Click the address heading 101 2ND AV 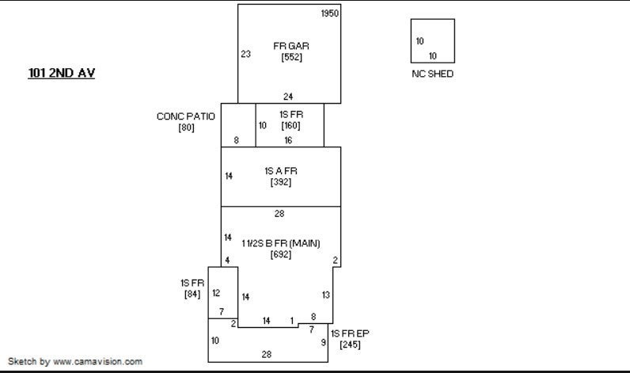[x=62, y=73]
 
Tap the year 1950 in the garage [x=330, y=13]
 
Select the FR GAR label [x=291, y=46]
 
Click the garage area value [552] [x=292, y=57]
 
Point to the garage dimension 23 [x=245, y=54]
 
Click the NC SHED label [x=433, y=74]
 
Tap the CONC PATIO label [x=186, y=116]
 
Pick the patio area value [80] [x=187, y=128]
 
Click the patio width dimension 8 [x=236, y=140]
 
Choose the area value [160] [x=291, y=125]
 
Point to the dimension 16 [x=288, y=140]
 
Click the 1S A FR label [x=281, y=171]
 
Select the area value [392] [x=281, y=182]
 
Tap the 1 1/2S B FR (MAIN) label [x=281, y=243]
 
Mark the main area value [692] [x=281, y=254]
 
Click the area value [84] [x=192, y=295]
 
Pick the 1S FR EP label [x=350, y=333]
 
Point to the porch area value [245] [x=350, y=344]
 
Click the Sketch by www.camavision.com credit [x=75, y=361]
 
